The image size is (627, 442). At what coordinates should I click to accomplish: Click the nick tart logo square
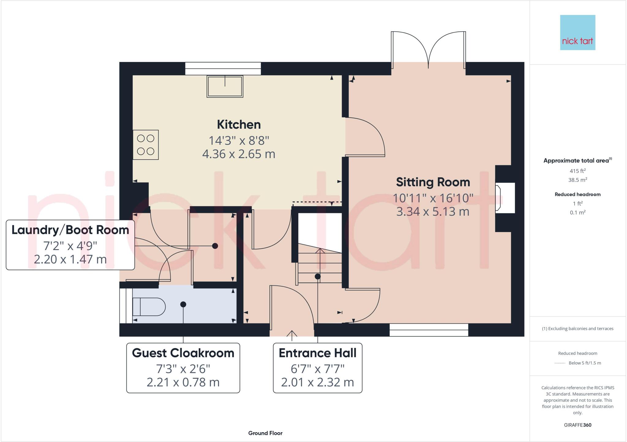pyautogui.click(x=577, y=32)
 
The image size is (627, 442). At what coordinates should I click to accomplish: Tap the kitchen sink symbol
pyautogui.click(x=225, y=87)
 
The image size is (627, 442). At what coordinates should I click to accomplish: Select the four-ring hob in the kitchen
pyautogui.click(x=146, y=145)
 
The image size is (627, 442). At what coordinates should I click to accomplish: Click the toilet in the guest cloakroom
pyautogui.click(x=149, y=307)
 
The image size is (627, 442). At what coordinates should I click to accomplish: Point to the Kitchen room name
pyautogui.click(x=239, y=125)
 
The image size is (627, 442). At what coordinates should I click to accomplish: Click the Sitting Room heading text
pyautogui.click(x=433, y=182)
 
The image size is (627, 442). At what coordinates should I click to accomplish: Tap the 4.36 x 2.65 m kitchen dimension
pyautogui.click(x=239, y=154)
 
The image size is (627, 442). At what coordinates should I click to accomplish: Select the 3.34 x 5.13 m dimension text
pyautogui.click(x=433, y=212)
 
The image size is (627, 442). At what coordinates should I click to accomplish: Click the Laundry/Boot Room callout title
pyautogui.click(x=70, y=230)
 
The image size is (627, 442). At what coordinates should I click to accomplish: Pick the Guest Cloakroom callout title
pyautogui.click(x=183, y=353)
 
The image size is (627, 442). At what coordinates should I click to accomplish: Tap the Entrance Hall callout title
pyautogui.click(x=317, y=353)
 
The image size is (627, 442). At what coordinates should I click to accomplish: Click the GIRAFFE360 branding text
pyautogui.click(x=577, y=425)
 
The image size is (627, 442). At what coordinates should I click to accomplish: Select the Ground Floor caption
pyautogui.click(x=265, y=433)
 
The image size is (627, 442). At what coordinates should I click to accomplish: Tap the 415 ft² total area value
pyautogui.click(x=577, y=171)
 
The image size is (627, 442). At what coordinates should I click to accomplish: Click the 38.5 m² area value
pyautogui.click(x=577, y=180)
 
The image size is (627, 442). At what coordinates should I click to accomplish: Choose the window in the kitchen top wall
pyautogui.click(x=223, y=68)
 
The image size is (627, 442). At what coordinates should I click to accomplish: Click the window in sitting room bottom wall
pyautogui.click(x=429, y=330)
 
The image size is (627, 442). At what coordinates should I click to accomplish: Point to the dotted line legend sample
pyautogui.click(x=560, y=363)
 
